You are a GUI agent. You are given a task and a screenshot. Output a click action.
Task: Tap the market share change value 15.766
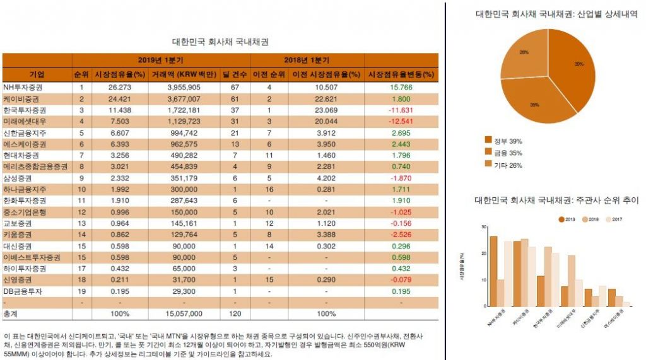pos(401,87)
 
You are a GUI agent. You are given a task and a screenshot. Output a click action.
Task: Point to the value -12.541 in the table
pos(401,121)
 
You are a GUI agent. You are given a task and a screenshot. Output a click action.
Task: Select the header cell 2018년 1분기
pos(307,60)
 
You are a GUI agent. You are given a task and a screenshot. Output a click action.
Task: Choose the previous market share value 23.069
pos(326,110)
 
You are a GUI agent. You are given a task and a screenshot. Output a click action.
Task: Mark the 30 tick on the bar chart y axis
pos(483,227)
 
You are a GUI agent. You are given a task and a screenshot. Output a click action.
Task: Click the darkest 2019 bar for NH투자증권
pos(493,271)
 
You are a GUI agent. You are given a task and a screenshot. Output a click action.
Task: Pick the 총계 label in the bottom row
pos(11,313)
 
